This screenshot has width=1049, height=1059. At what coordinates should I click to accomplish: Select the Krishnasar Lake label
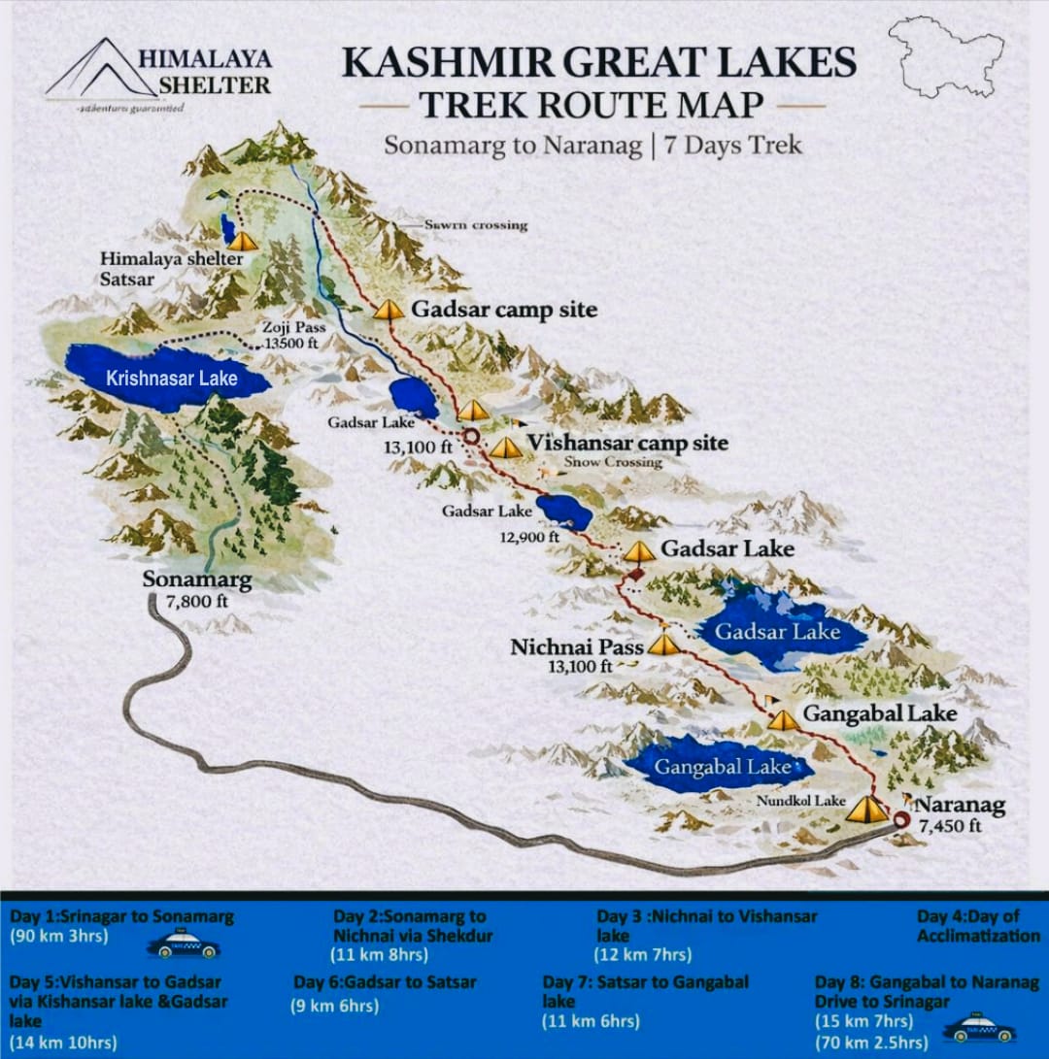171,379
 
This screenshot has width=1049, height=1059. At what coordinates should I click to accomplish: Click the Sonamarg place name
197,580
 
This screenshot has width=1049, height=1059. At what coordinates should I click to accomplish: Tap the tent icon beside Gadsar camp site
389,309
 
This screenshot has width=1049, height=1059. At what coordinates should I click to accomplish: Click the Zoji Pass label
295,328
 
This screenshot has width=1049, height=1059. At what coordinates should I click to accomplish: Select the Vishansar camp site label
626,444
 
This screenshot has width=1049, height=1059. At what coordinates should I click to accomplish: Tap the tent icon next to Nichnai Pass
664,644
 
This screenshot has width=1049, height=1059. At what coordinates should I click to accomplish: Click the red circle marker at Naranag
901,820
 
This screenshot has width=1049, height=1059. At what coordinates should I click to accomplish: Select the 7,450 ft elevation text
950,826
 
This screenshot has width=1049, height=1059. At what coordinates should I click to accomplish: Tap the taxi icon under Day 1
183,944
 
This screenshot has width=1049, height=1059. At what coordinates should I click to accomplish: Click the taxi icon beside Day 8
978,1028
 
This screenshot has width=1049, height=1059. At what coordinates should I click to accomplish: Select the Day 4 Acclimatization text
978,926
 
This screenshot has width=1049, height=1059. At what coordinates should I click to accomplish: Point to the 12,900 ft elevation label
528,536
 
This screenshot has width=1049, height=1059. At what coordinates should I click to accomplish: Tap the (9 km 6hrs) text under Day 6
335,1006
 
